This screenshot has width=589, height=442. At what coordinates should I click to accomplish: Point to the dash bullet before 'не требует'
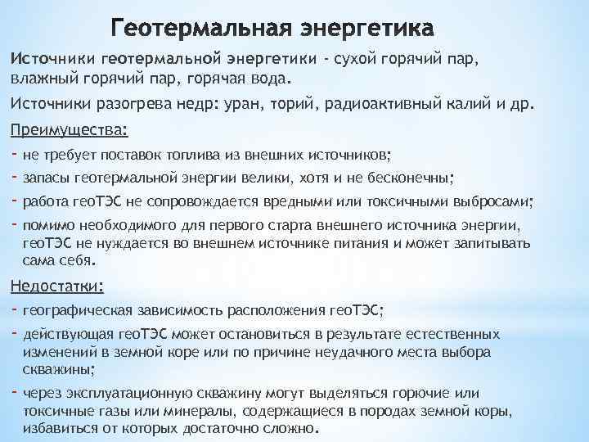click(14, 153)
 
